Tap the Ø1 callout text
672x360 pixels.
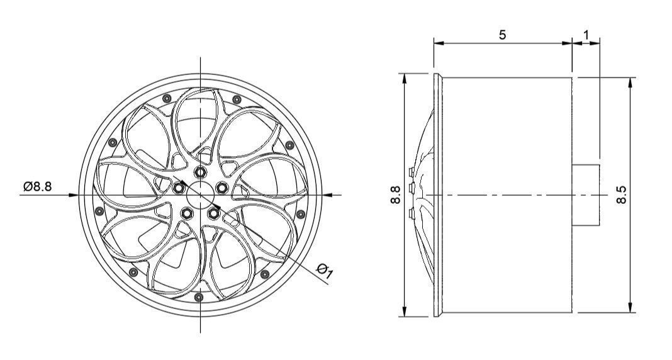click(x=325, y=271)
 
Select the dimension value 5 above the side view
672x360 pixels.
click(x=502, y=35)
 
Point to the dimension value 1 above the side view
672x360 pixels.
click(x=586, y=35)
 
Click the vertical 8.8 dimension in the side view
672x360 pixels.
click(x=395, y=195)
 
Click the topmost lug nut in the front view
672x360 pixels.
click(x=200, y=172)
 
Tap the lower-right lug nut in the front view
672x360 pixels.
click(x=213, y=214)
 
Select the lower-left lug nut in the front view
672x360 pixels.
click(x=186, y=214)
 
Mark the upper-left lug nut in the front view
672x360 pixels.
click(x=179, y=188)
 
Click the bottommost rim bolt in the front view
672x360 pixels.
click(x=199, y=297)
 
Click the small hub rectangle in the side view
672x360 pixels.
click(x=586, y=194)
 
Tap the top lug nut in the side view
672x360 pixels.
click(x=411, y=171)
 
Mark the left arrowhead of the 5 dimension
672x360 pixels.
click(x=437, y=43)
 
